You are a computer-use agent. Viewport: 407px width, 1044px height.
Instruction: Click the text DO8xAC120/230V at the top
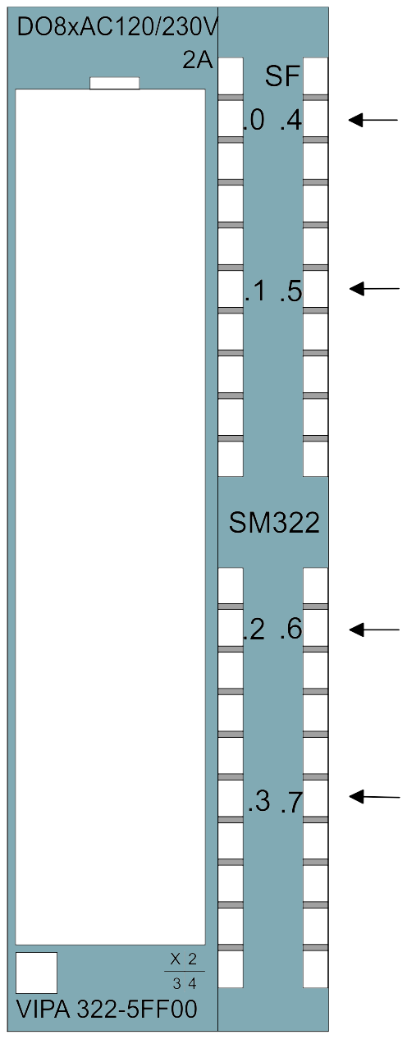117,28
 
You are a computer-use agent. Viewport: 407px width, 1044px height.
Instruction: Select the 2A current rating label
198,61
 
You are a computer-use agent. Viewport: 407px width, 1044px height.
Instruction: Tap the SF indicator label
282,76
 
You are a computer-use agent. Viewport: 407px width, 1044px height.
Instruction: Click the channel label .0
254,121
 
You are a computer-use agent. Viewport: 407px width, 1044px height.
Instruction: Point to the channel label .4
291,121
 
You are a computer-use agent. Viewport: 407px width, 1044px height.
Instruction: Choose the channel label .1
255,291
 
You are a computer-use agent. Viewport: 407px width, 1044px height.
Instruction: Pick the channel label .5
291,291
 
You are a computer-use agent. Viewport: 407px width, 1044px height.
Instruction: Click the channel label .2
254,630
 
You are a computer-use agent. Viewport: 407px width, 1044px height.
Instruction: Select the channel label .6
291,630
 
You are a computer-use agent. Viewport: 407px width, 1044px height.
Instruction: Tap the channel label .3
259,802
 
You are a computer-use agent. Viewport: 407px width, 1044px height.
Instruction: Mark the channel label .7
292,802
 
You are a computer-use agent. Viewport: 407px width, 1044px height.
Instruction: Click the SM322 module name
274,523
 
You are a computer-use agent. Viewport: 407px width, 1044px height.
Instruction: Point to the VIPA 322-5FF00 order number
107,1010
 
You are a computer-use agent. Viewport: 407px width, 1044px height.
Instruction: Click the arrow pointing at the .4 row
373,120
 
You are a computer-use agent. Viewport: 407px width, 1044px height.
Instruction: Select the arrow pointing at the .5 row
374,289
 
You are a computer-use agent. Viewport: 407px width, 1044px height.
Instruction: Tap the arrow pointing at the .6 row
374,630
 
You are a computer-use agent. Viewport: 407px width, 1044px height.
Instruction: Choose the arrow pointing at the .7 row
374,797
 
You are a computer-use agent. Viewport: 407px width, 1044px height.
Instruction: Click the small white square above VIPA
36,973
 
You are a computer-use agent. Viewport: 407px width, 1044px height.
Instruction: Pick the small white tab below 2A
114,83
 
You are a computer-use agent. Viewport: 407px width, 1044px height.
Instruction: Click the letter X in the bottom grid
176,959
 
